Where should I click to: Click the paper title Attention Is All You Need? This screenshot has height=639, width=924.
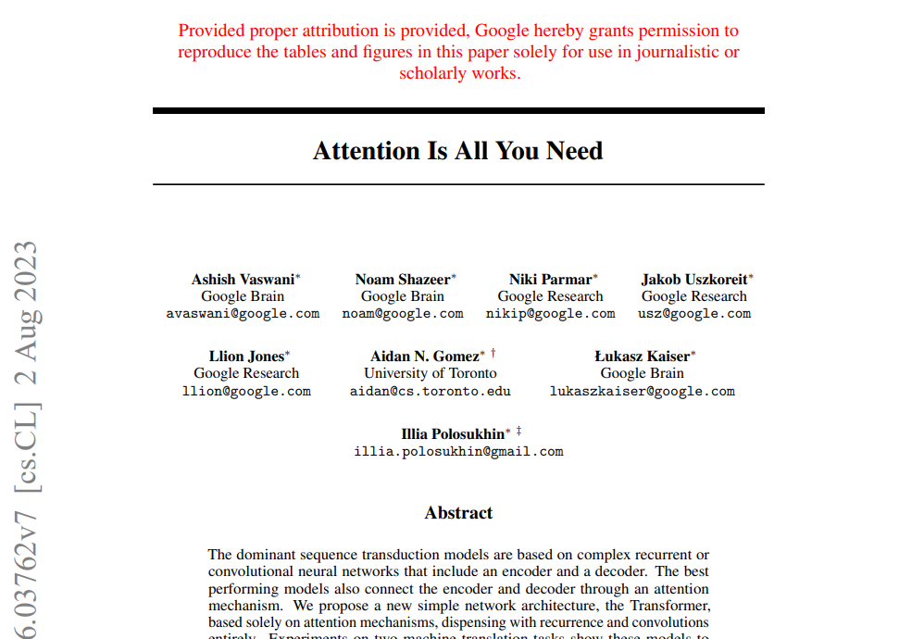pyautogui.click(x=458, y=151)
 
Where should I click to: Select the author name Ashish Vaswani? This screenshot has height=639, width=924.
pyautogui.click(x=243, y=279)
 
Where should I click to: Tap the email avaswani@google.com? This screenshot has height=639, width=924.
pyautogui.click(x=243, y=314)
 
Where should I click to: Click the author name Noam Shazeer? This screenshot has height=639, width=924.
pyautogui.click(x=402, y=279)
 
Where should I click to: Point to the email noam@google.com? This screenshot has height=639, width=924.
pyautogui.click(x=403, y=314)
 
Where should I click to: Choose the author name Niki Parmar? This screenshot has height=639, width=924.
pyautogui.click(x=550, y=279)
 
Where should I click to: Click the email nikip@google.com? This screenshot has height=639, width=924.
pyautogui.click(x=550, y=314)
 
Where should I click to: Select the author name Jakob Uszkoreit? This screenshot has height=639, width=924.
pyautogui.click(x=694, y=279)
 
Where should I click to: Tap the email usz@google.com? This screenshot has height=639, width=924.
pyautogui.click(x=694, y=314)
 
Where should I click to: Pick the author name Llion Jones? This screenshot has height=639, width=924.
pyautogui.click(x=246, y=356)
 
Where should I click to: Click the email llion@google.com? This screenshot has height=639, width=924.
pyautogui.click(x=246, y=391)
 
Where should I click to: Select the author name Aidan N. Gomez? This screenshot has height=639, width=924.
pyautogui.click(x=425, y=356)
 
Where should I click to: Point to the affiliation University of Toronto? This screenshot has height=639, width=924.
pyautogui.click(x=431, y=373)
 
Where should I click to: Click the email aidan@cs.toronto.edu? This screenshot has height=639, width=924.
pyautogui.click(x=431, y=391)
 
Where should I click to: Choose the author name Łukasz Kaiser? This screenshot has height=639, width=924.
pyautogui.click(x=642, y=356)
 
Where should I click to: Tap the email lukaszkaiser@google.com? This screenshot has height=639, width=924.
pyautogui.click(x=643, y=391)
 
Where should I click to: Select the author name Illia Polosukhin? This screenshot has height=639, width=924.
pyautogui.click(x=453, y=433)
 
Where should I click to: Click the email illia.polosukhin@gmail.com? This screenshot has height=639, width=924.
pyautogui.click(x=458, y=452)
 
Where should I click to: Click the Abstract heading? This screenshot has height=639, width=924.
pyautogui.click(x=458, y=513)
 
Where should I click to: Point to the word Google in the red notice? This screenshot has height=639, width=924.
pyautogui.click(x=501, y=31)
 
